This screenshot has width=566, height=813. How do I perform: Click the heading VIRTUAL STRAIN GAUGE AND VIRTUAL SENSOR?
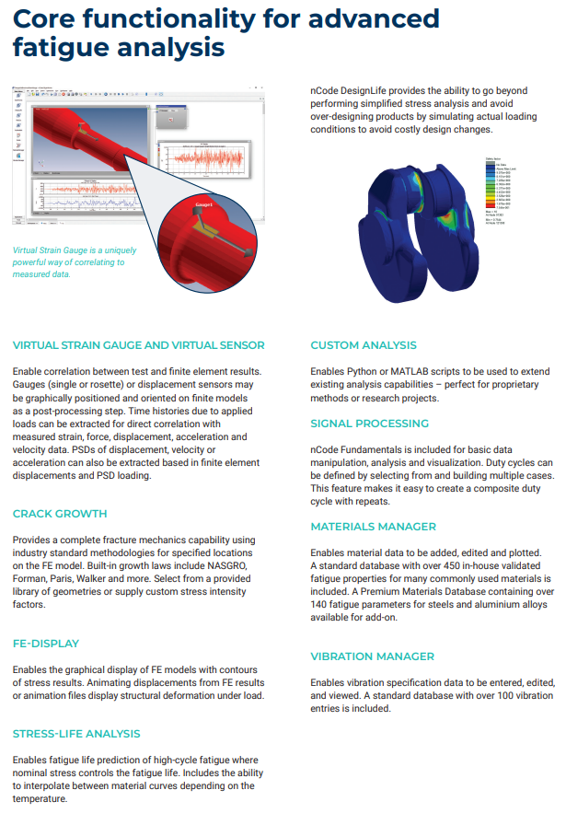tap(139, 345)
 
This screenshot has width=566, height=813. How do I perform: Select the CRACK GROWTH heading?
tap(60, 514)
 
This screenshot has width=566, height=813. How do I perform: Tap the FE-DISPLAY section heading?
tap(46, 644)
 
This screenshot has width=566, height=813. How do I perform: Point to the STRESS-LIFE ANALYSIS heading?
tap(76, 734)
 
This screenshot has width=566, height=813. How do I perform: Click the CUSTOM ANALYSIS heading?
tap(364, 345)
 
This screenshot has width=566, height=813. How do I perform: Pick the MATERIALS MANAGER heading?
tap(374, 527)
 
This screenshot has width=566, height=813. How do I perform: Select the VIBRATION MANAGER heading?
tap(373, 656)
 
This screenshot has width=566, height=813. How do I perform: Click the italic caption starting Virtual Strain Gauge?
tap(69, 261)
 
